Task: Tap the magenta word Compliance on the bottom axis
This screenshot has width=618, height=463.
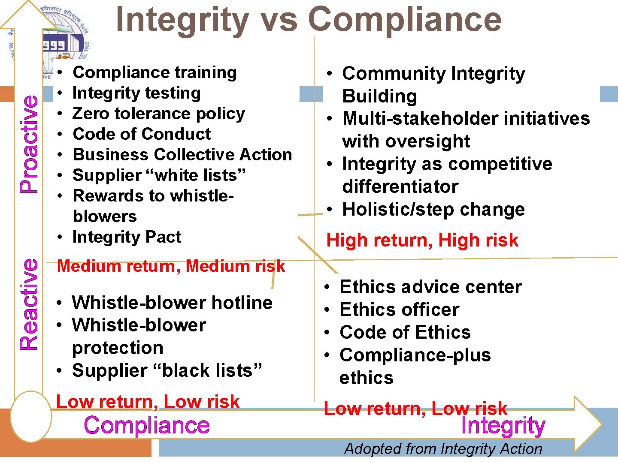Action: pyautogui.click(x=147, y=425)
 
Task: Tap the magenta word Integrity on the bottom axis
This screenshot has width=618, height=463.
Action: pyautogui.click(x=503, y=426)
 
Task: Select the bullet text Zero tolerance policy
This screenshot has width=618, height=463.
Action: pyautogui.click(x=159, y=114)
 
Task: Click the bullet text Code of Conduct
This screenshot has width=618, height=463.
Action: pyautogui.click(x=142, y=134)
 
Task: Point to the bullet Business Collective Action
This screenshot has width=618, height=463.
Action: pyautogui.click(x=182, y=155)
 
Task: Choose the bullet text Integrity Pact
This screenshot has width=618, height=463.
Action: pyautogui.click(x=127, y=237)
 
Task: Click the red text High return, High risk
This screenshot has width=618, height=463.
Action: pyautogui.click(x=422, y=241)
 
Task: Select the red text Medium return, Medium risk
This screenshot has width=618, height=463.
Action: pyautogui.click(x=171, y=266)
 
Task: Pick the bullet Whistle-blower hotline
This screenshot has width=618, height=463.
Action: pyautogui.click(x=172, y=303)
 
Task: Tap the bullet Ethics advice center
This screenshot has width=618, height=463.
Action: pyautogui.click(x=430, y=287)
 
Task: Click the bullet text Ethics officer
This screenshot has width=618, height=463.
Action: pyautogui.click(x=399, y=310)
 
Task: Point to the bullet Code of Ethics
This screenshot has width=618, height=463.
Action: pyautogui.click(x=405, y=333)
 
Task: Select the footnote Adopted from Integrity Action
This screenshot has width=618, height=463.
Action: pyautogui.click(x=443, y=449)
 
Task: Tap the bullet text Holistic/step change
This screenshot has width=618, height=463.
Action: pyautogui.click(x=433, y=210)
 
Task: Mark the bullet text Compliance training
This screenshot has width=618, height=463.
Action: pyautogui.click(x=154, y=72)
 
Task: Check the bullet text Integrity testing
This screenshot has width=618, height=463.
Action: pyautogui.click(x=136, y=93)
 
